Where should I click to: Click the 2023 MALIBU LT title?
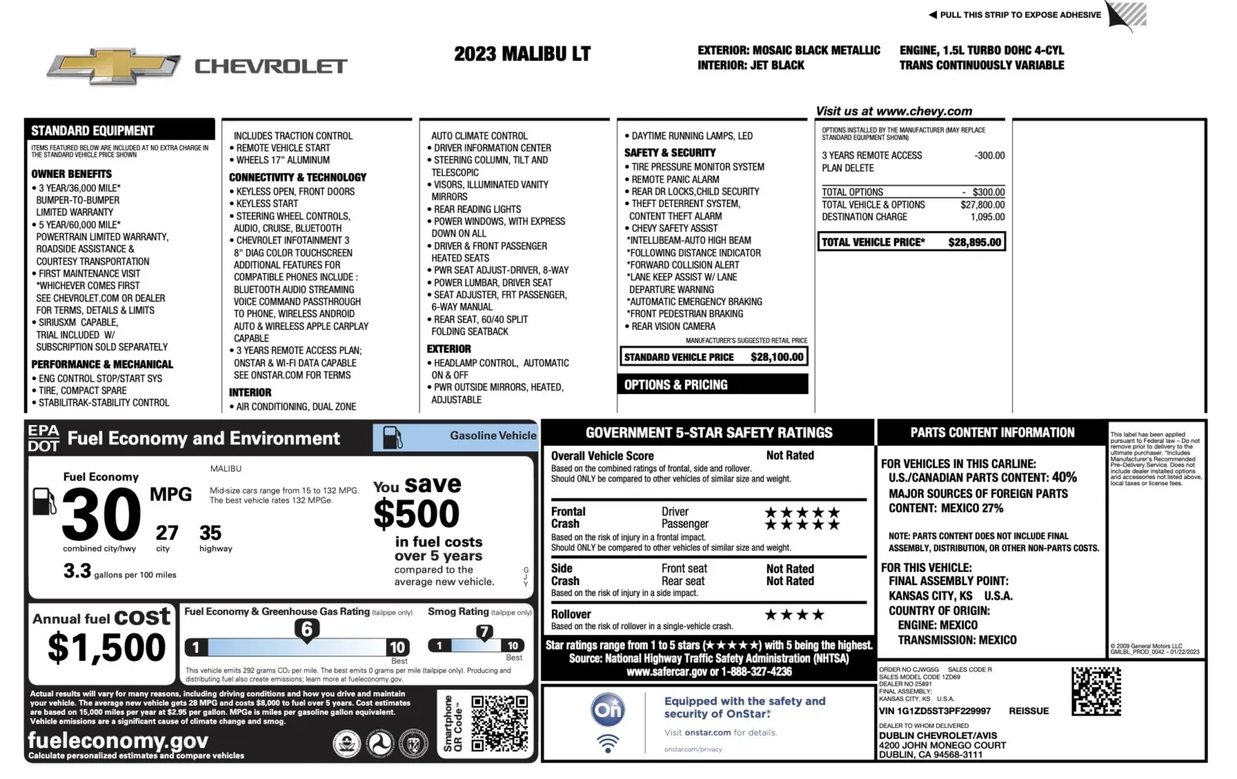522,54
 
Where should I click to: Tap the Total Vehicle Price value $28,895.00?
974,242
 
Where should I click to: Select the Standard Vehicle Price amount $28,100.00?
778,357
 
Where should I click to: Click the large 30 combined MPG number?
101,515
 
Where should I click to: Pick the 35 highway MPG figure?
210,533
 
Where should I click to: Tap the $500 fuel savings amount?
416,514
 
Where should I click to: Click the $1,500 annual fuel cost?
106,648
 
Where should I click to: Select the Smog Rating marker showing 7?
484,631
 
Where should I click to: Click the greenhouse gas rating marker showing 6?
307,629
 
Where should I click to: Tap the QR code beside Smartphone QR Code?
499,723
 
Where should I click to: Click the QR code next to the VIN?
1096,692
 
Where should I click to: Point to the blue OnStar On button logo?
608,709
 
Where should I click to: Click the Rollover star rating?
794,615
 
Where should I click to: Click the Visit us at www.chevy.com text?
894,111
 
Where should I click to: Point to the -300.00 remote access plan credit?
990,155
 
